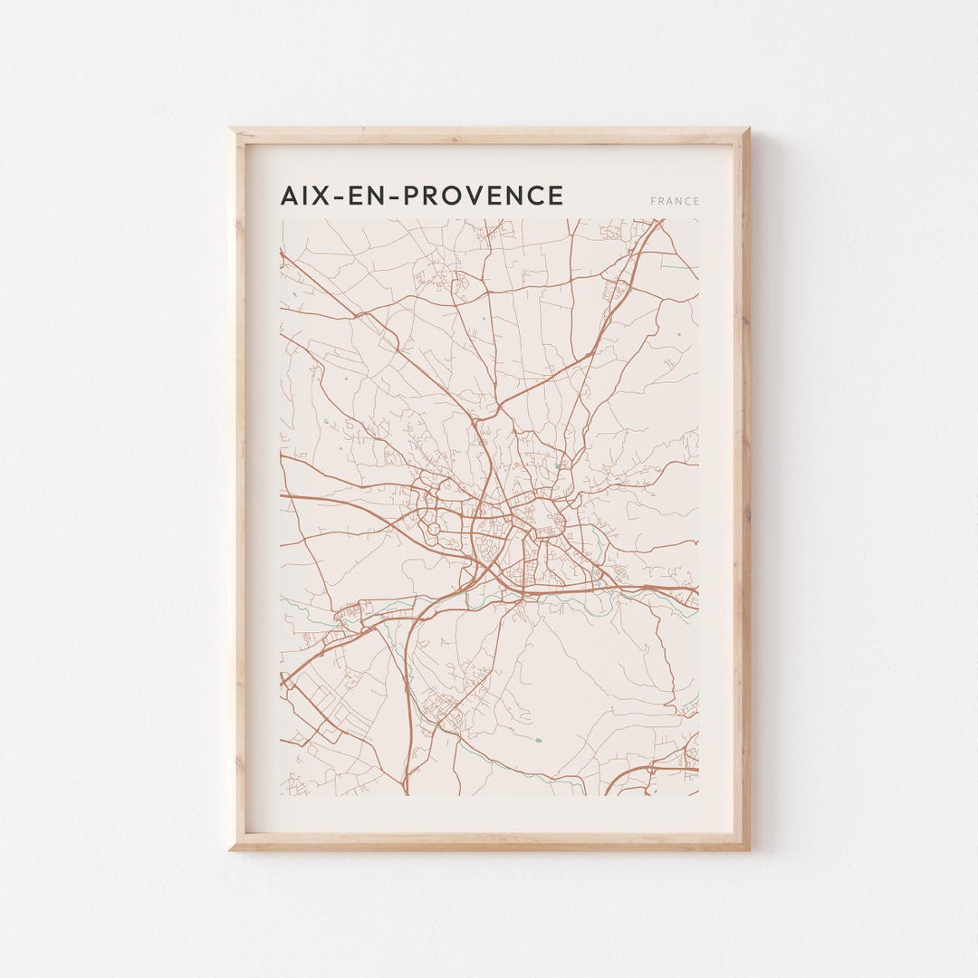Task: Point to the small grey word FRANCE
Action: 675,201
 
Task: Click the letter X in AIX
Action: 321,196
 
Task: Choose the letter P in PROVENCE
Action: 414,196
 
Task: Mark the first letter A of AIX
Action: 290,196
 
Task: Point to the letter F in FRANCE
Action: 652,201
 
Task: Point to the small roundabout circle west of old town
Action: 433,526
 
